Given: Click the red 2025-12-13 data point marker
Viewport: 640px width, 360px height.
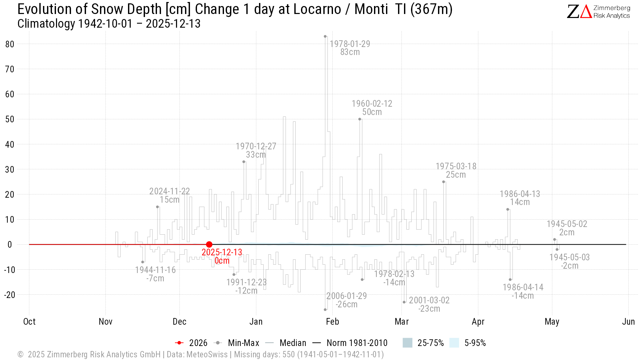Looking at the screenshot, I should [x=209, y=244].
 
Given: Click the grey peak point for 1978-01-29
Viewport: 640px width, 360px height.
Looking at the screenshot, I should [x=325, y=36].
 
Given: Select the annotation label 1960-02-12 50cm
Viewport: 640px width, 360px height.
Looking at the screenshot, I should [x=372, y=108].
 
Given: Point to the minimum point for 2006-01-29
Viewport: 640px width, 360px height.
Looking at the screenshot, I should [x=325, y=310].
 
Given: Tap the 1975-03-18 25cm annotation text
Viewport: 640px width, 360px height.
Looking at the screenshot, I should [x=456, y=170].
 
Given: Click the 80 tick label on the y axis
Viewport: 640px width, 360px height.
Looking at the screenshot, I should [x=10, y=44].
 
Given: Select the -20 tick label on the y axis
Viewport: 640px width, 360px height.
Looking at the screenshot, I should [x=10, y=295].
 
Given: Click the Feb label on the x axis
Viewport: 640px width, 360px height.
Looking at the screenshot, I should [x=332, y=322].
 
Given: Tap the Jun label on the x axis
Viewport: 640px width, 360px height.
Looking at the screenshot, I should [x=628, y=322].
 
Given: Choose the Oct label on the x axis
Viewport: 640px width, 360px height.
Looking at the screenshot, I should [x=29, y=322].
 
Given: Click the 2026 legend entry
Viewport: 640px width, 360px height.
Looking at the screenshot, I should [x=191, y=343].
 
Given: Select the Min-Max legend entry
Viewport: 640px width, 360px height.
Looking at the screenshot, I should [x=237, y=343].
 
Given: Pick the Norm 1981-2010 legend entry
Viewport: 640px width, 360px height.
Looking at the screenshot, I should [x=350, y=343].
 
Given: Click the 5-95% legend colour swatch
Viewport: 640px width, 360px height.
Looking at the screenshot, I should [x=454, y=343].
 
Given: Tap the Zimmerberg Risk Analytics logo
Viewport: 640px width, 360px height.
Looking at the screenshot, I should [x=598, y=12].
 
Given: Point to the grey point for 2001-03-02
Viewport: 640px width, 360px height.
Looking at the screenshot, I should [x=404, y=302].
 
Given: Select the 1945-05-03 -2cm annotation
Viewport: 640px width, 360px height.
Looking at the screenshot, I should [x=569, y=261].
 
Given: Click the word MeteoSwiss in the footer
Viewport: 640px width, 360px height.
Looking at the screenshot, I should [x=207, y=354].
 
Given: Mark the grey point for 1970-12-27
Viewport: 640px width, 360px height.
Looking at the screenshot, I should [x=244, y=162].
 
